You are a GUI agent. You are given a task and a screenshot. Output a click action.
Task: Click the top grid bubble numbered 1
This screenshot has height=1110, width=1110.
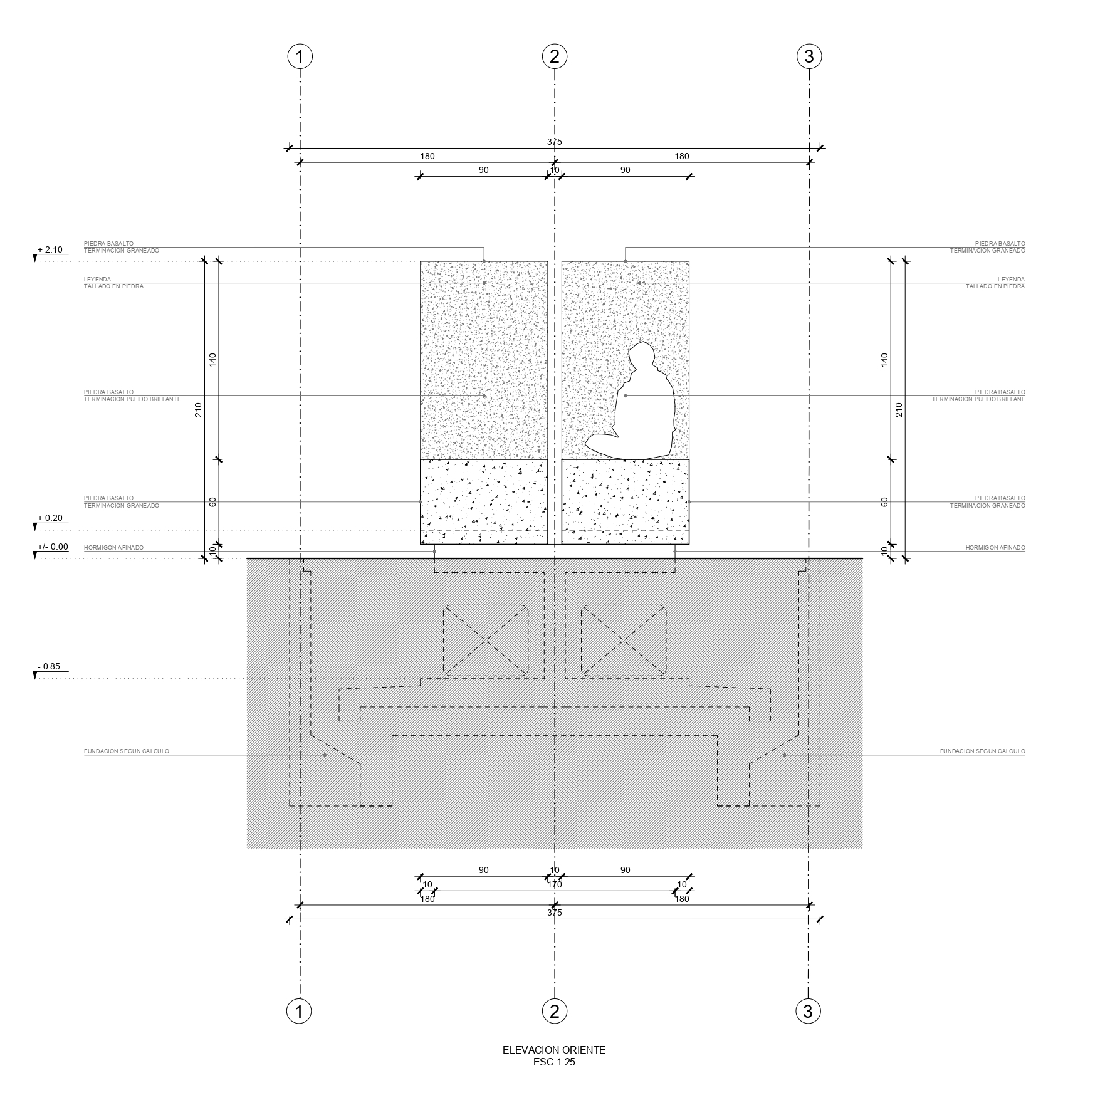pyautogui.click(x=300, y=56)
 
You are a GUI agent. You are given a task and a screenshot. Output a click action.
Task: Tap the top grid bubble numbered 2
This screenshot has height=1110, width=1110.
pyautogui.click(x=554, y=56)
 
